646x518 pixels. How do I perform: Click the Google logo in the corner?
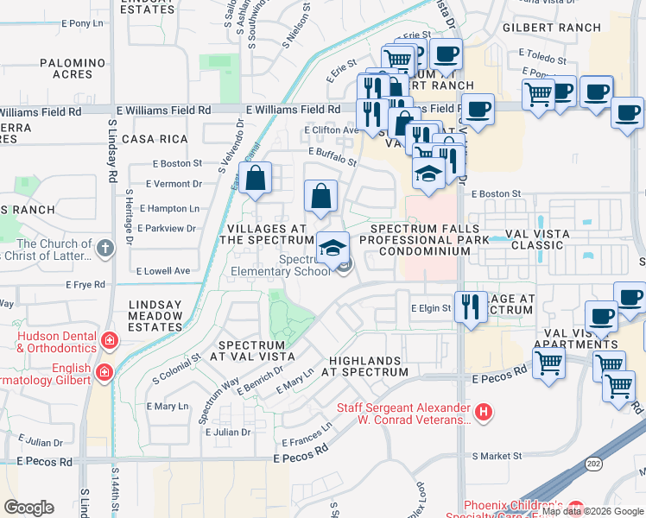click(29, 507)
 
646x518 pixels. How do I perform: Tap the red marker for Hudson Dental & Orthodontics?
click(109, 339)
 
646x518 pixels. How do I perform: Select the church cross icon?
click(105, 249)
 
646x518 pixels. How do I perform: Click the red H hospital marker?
click(484, 412)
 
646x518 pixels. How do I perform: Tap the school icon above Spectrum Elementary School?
click(332, 248)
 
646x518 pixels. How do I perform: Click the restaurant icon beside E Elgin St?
click(471, 307)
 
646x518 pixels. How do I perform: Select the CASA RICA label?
click(155, 139)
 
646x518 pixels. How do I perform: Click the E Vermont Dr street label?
click(174, 184)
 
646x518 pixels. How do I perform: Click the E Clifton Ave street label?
click(331, 130)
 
